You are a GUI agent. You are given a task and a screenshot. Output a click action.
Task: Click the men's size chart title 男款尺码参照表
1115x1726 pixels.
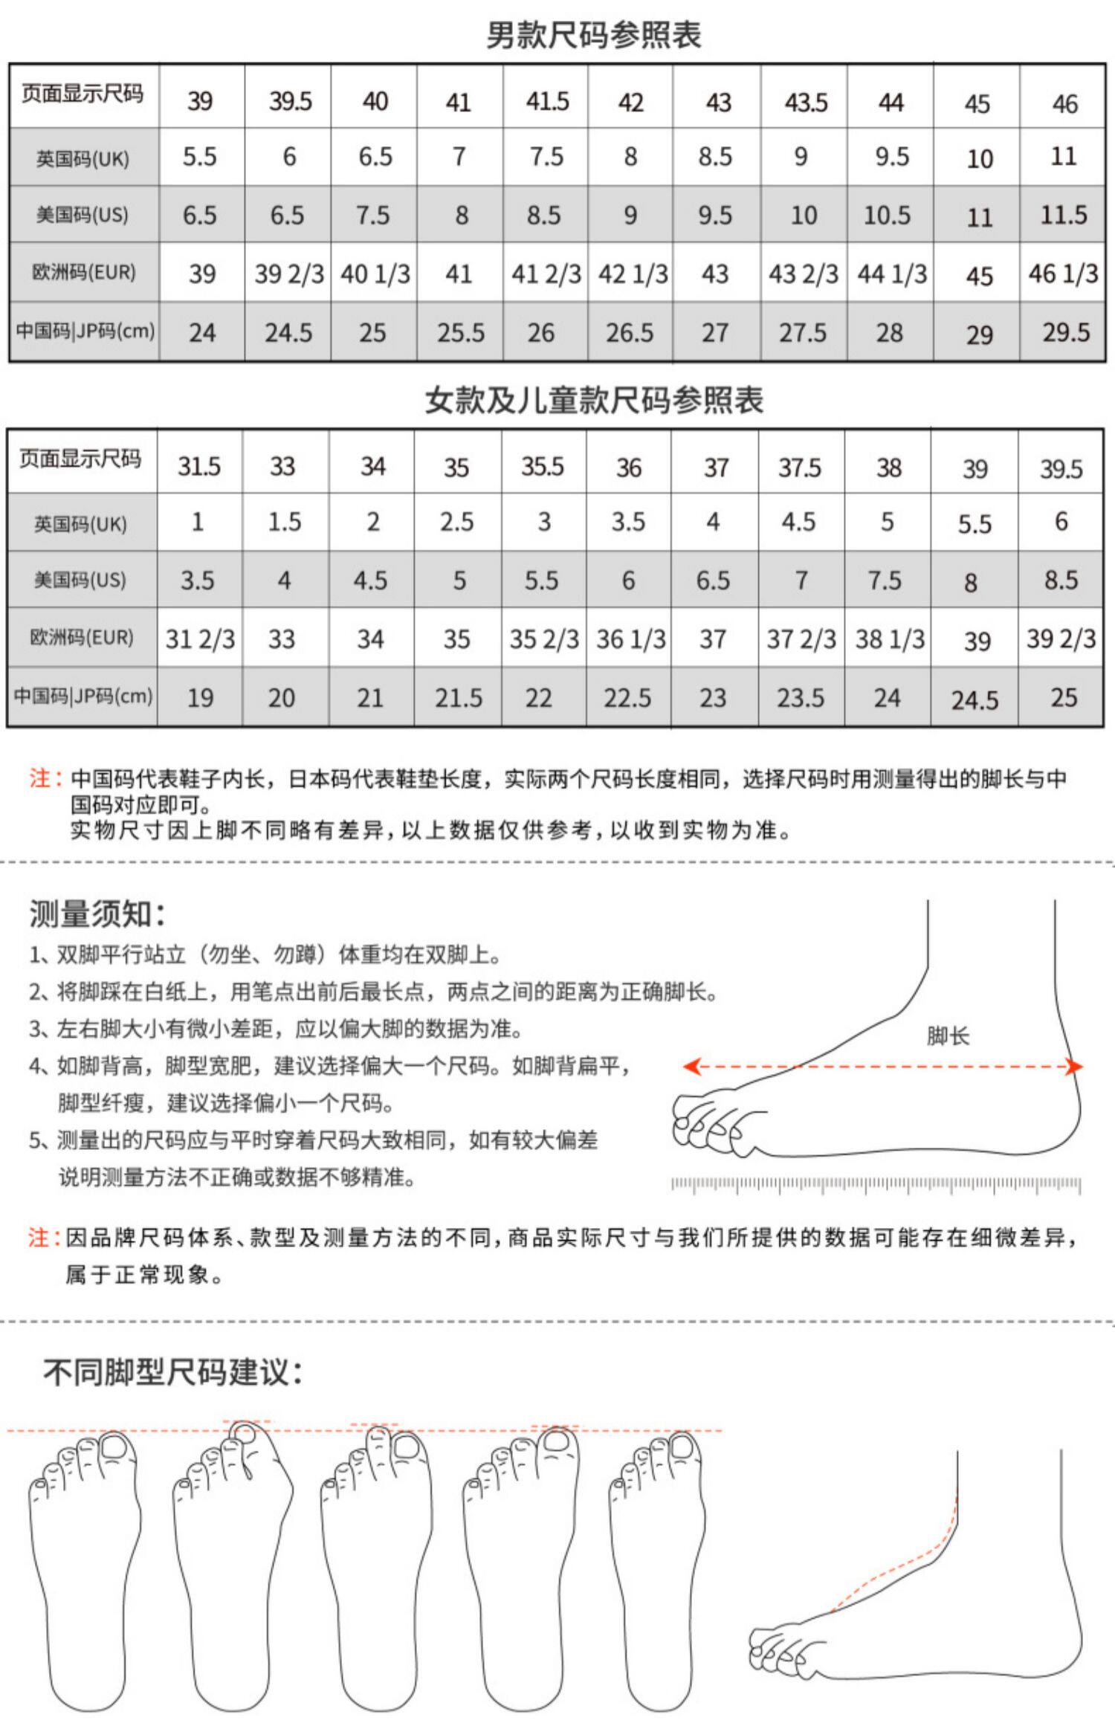pyautogui.click(x=593, y=35)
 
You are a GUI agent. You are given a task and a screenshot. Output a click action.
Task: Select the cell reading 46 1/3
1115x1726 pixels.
pyautogui.click(x=1062, y=274)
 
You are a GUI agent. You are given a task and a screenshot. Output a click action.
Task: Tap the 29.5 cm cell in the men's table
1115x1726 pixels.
pyautogui.click(x=1065, y=332)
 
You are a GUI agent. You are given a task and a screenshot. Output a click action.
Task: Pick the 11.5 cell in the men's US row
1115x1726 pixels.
pyautogui.click(x=1063, y=215)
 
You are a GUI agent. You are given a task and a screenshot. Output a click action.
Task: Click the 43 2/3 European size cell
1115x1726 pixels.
pyautogui.click(x=804, y=274)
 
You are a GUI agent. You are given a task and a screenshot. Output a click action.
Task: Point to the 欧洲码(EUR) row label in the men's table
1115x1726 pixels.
pyautogui.click(x=84, y=272)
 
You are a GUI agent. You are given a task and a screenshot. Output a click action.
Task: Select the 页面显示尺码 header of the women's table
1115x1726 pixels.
pyautogui.click(x=80, y=459)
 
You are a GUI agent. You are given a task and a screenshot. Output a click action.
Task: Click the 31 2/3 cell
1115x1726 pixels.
pyautogui.click(x=199, y=639)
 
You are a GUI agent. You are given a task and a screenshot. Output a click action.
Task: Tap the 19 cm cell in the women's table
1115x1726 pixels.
pyautogui.click(x=199, y=697)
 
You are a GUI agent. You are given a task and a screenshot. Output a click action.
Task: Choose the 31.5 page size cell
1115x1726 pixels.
pyautogui.click(x=199, y=466)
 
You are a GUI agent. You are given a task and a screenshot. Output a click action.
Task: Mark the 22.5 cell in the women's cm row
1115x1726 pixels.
pyautogui.click(x=627, y=697)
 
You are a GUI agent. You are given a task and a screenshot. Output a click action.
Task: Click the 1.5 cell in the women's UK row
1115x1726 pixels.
pyautogui.click(x=284, y=522)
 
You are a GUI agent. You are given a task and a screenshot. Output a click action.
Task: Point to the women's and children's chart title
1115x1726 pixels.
pyautogui.click(x=593, y=400)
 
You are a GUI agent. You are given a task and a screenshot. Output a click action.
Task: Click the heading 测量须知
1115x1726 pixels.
pyautogui.click(x=97, y=914)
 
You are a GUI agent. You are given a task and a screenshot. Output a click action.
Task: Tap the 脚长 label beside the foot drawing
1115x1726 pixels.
pyautogui.click(x=948, y=1035)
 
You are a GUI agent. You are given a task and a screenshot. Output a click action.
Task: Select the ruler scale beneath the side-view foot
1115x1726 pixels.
pyautogui.click(x=876, y=1183)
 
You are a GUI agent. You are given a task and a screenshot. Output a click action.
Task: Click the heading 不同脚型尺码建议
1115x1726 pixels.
pyautogui.click(x=172, y=1372)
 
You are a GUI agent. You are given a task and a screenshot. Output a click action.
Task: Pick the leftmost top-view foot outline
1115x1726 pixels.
pyautogui.click(x=83, y=1568)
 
